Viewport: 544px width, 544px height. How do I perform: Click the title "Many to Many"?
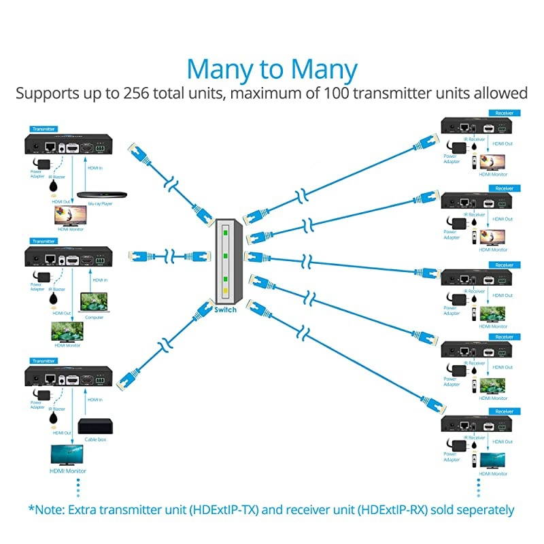point(272,69)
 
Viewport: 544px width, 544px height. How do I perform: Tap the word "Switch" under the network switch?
point(225,309)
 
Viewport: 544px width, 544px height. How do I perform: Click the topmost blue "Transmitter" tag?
point(43,129)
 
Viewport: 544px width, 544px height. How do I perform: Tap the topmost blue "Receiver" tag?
point(504,112)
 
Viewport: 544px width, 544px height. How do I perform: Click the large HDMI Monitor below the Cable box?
point(71,454)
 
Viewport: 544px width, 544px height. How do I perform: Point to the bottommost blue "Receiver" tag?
point(504,410)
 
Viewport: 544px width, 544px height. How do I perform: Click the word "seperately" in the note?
point(480,509)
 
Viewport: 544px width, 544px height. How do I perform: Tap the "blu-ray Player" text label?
point(101,203)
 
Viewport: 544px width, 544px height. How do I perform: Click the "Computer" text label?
point(94,317)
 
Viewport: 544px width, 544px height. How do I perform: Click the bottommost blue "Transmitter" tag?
point(43,361)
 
